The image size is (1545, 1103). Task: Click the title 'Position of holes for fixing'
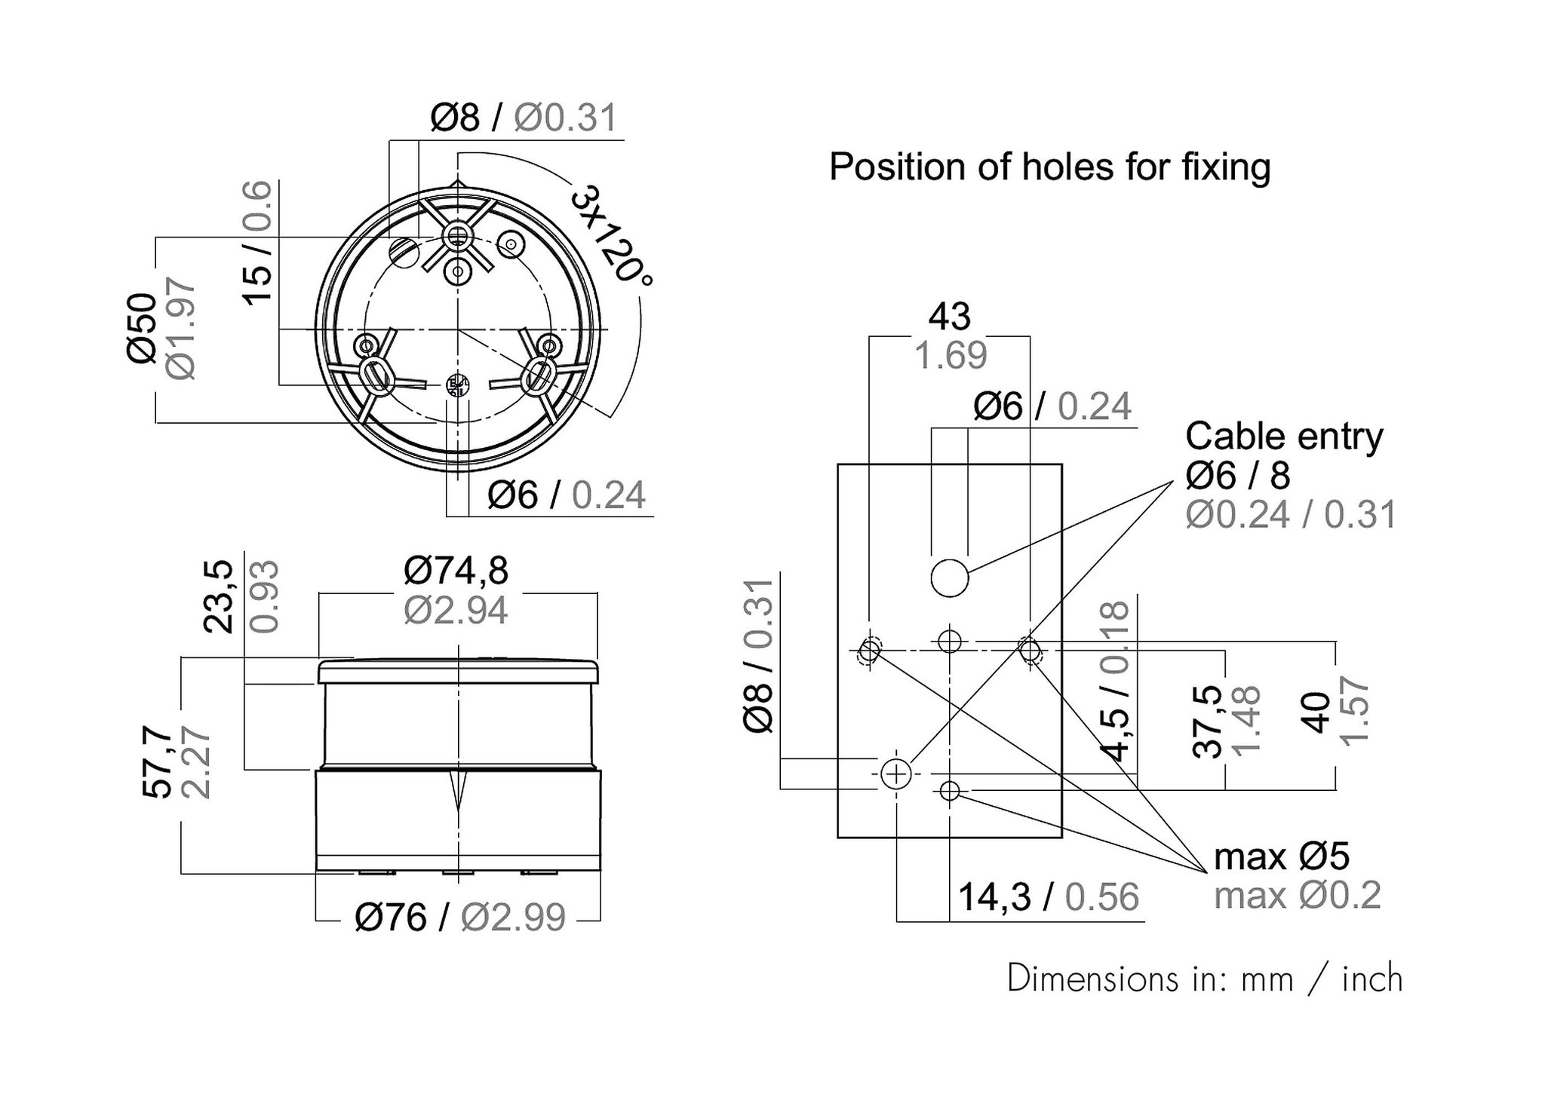coord(1049,167)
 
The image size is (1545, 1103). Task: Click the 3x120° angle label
coord(612,235)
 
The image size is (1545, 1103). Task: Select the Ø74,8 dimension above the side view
coord(456,571)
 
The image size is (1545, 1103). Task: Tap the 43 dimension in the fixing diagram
coord(949,317)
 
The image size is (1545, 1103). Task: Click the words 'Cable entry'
coord(1284,437)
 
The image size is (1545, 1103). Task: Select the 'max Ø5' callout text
coord(1282,856)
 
